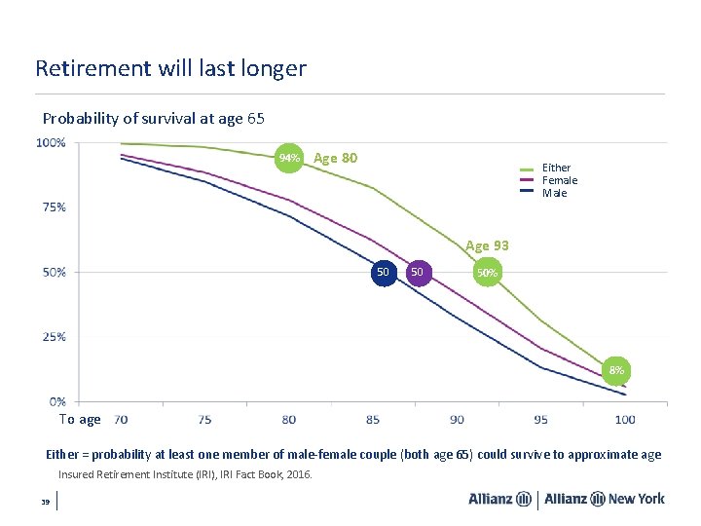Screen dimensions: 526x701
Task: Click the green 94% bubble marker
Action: (289, 158)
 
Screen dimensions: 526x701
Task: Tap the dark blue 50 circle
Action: (384, 272)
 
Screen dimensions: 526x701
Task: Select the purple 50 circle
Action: (418, 272)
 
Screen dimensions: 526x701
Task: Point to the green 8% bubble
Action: (616, 370)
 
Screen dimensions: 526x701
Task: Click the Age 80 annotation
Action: (336, 158)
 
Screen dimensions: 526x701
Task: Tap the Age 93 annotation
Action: (487, 245)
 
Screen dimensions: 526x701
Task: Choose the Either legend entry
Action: (556, 168)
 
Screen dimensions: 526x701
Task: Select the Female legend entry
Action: (559, 180)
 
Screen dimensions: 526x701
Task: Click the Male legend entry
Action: (554, 193)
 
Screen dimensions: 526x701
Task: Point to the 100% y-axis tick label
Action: (52, 143)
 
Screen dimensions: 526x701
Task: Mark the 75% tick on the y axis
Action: (55, 207)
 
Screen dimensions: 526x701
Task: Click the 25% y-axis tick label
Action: (55, 337)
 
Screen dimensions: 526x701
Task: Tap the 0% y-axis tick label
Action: (57, 401)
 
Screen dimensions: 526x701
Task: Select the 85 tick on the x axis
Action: (373, 420)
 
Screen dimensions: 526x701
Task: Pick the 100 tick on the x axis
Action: (625, 420)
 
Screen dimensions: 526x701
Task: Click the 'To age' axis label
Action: (80, 420)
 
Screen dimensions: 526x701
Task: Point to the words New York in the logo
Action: (636, 499)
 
